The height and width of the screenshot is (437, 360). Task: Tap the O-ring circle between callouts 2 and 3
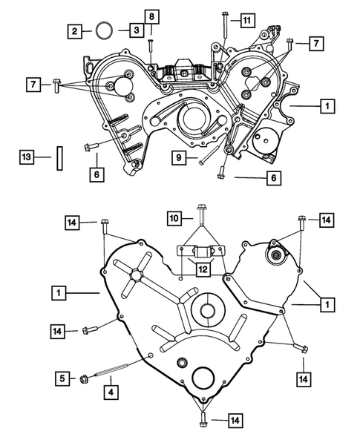[x=105, y=31]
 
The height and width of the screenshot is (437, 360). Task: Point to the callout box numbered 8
[x=151, y=16]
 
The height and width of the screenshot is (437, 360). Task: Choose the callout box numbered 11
[x=246, y=21]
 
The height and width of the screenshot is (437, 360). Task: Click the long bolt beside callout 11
[x=223, y=25]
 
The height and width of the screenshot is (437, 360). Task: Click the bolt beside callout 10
[x=199, y=215]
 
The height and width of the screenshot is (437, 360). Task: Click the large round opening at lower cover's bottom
[x=203, y=377]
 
